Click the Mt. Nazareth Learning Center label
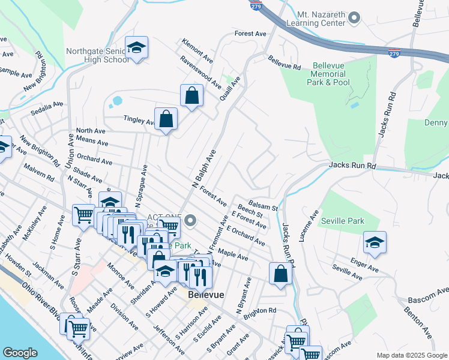click(321, 18)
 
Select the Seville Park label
click(342, 221)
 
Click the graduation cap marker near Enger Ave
click(375, 242)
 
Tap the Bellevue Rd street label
click(284, 62)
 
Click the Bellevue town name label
click(205, 295)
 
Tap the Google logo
click(20, 353)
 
